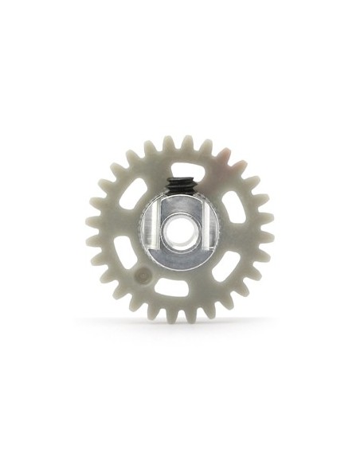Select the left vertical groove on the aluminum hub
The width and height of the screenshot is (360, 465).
coord(157,229)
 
